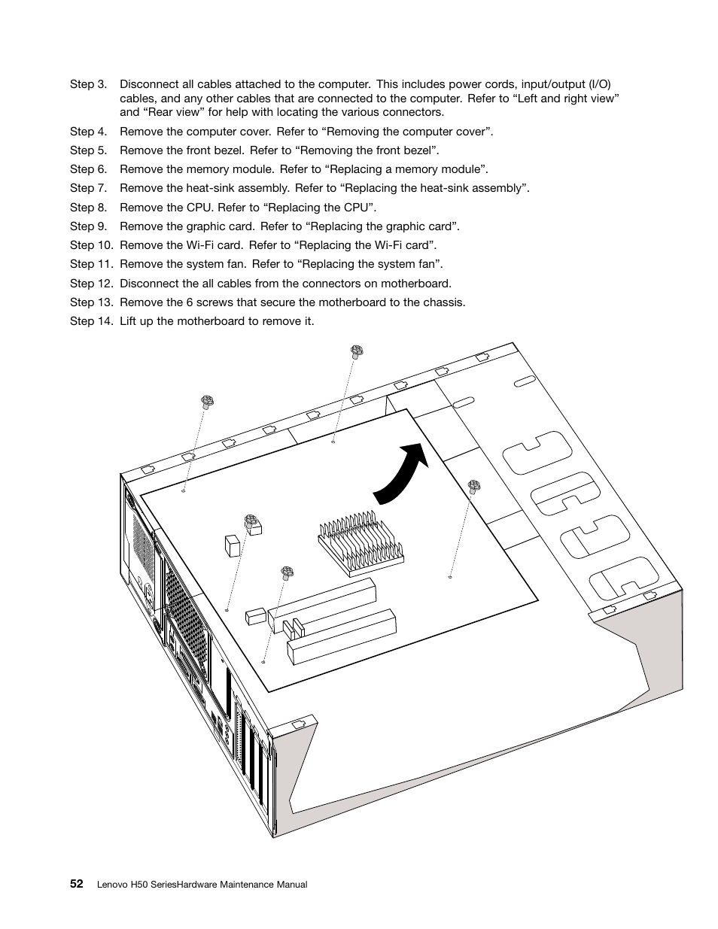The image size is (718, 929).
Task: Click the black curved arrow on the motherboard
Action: (x=399, y=475)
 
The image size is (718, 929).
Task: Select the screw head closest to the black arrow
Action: (x=474, y=486)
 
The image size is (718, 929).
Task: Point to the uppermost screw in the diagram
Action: (x=357, y=351)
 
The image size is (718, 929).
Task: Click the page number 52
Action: (x=77, y=884)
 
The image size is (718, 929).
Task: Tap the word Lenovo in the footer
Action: (x=114, y=885)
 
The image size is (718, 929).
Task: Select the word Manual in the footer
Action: (x=291, y=885)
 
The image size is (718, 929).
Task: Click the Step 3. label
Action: (x=89, y=84)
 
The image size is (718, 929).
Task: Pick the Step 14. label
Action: (x=92, y=321)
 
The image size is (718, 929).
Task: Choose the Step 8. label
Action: (x=89, y=208)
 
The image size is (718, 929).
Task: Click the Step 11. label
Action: (x=92, y=264)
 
